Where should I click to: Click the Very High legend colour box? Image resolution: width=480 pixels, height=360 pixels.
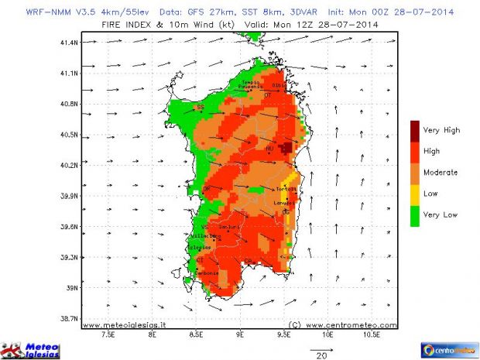point(415,130)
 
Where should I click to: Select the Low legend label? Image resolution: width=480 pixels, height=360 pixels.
point(430,193)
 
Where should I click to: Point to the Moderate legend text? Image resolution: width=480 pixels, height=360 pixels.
point(441,172)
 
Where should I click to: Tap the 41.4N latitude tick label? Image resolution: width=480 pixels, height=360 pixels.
point(69,43)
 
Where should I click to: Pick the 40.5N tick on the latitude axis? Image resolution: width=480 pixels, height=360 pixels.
point(69,135)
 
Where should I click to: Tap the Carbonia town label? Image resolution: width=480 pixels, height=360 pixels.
point(206,273)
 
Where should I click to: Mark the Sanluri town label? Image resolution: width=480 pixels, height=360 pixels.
point(228,226)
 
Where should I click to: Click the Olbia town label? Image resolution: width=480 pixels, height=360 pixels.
point(278,85)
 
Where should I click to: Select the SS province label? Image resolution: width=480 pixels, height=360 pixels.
point(201,108)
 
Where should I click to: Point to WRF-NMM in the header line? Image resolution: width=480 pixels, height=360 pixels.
point(44,12)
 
